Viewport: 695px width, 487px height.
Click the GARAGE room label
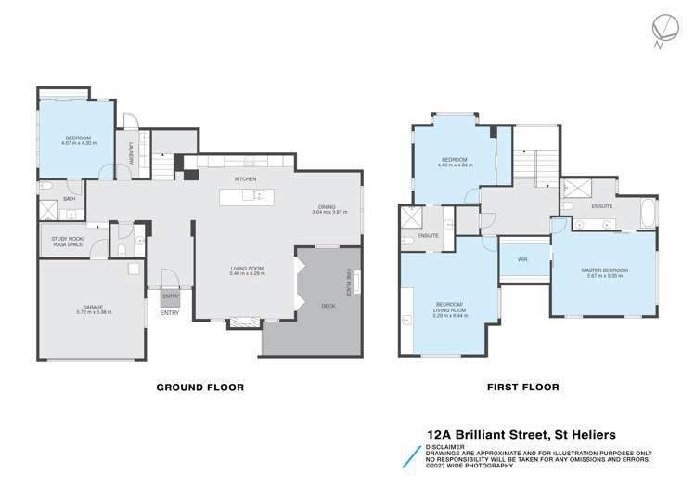click(x=91, y=309)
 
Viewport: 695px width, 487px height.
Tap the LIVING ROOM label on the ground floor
click(x=248, y=270)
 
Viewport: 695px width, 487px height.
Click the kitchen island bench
click(x=246, y=196)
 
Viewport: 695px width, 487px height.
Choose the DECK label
click(x=328, y=305)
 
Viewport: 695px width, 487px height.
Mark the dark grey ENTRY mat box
click(x=171, y=296)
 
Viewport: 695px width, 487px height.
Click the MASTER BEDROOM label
click(x=605, y=272)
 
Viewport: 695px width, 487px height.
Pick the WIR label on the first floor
click(x=521, y=259)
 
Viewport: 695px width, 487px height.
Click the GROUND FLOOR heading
click(x=199, y=388)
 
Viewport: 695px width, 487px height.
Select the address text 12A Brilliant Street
click(x=493, y=433)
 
